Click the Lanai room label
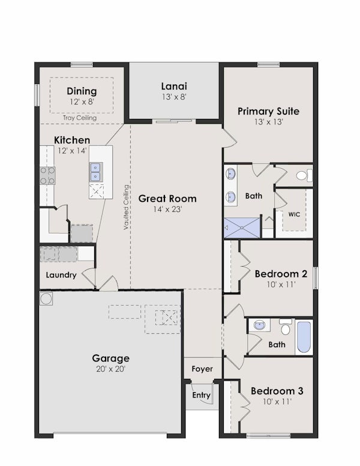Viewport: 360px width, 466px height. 174,86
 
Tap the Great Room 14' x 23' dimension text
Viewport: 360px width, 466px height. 167,209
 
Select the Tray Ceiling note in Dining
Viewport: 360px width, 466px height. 80,118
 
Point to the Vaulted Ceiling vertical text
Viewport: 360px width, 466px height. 126,207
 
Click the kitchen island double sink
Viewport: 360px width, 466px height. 96,172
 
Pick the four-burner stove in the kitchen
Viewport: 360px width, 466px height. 47,175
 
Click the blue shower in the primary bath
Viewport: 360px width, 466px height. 242,228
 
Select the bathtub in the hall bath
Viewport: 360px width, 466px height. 304,337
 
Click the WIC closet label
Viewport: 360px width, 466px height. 294,214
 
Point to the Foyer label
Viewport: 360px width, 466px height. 202,369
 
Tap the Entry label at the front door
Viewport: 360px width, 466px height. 201,395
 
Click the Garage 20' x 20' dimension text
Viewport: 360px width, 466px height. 111,369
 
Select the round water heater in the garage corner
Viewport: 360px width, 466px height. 46,298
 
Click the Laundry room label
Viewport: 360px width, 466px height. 61,275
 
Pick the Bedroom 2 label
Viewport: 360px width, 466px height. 281,274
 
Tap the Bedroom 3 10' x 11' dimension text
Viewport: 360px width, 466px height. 277,402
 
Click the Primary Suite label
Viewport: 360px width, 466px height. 269,111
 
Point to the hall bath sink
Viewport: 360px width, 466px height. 260,324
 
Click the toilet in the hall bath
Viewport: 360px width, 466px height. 286,327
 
